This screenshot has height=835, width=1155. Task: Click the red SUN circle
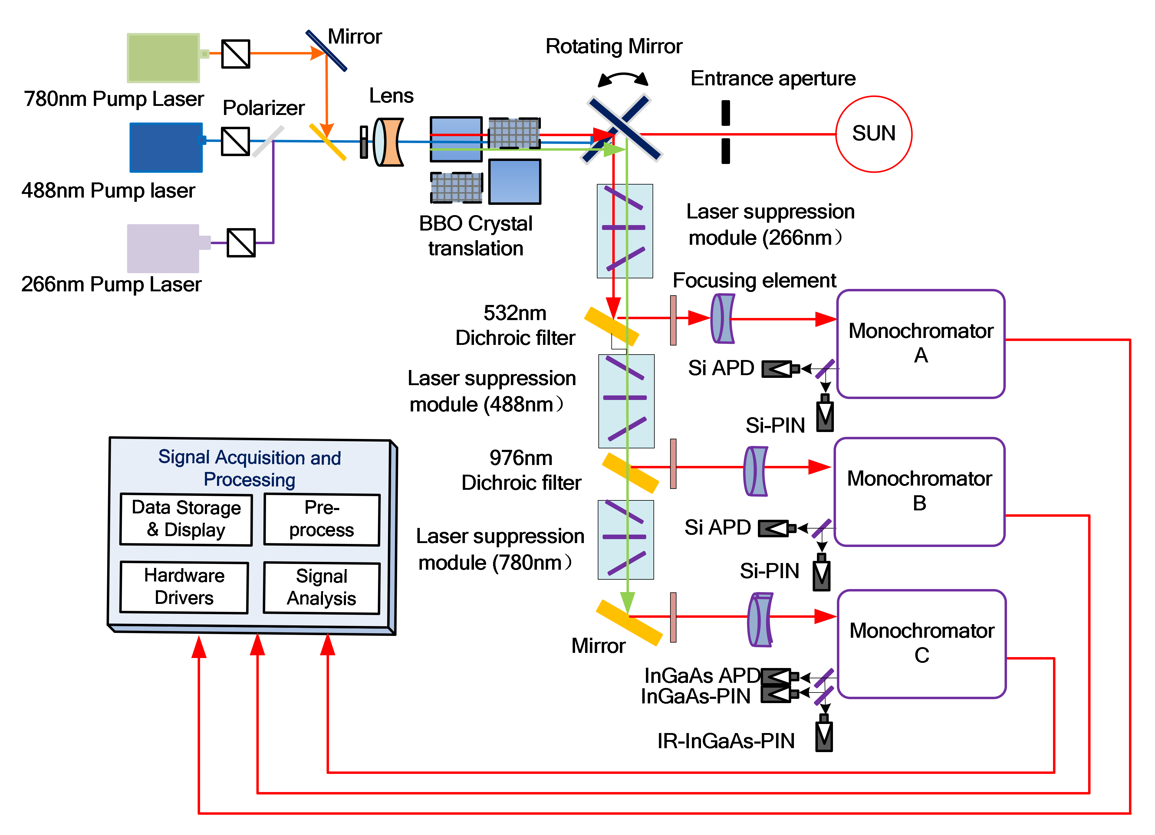point(874,134)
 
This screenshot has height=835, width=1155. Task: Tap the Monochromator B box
point(919,491)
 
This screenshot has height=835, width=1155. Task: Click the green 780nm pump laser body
point(163,57)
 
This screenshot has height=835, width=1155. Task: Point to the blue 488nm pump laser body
point(166,147)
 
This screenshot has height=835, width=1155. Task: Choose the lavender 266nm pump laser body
point(163,248)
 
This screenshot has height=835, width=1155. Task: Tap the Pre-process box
point(321,519)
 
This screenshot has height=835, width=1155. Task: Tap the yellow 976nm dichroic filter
point(630,473)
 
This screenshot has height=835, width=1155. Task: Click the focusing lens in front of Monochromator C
point(760,620)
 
